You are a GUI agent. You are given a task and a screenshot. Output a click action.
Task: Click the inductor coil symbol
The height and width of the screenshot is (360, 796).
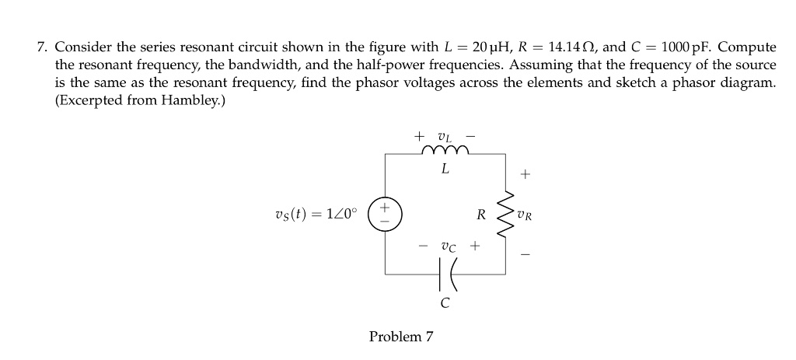pos(444,151)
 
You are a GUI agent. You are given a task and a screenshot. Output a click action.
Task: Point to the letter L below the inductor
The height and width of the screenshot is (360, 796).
pos(444,169)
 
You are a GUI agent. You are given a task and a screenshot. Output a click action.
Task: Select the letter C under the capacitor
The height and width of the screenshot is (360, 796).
pos(444,304)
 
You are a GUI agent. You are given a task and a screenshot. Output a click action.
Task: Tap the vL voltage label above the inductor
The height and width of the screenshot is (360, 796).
pos(445,135)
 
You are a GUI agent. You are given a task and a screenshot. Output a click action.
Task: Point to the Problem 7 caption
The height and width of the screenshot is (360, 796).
pos(401,337)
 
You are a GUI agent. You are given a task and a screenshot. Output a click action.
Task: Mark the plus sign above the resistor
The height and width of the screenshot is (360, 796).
pos(525,176)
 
